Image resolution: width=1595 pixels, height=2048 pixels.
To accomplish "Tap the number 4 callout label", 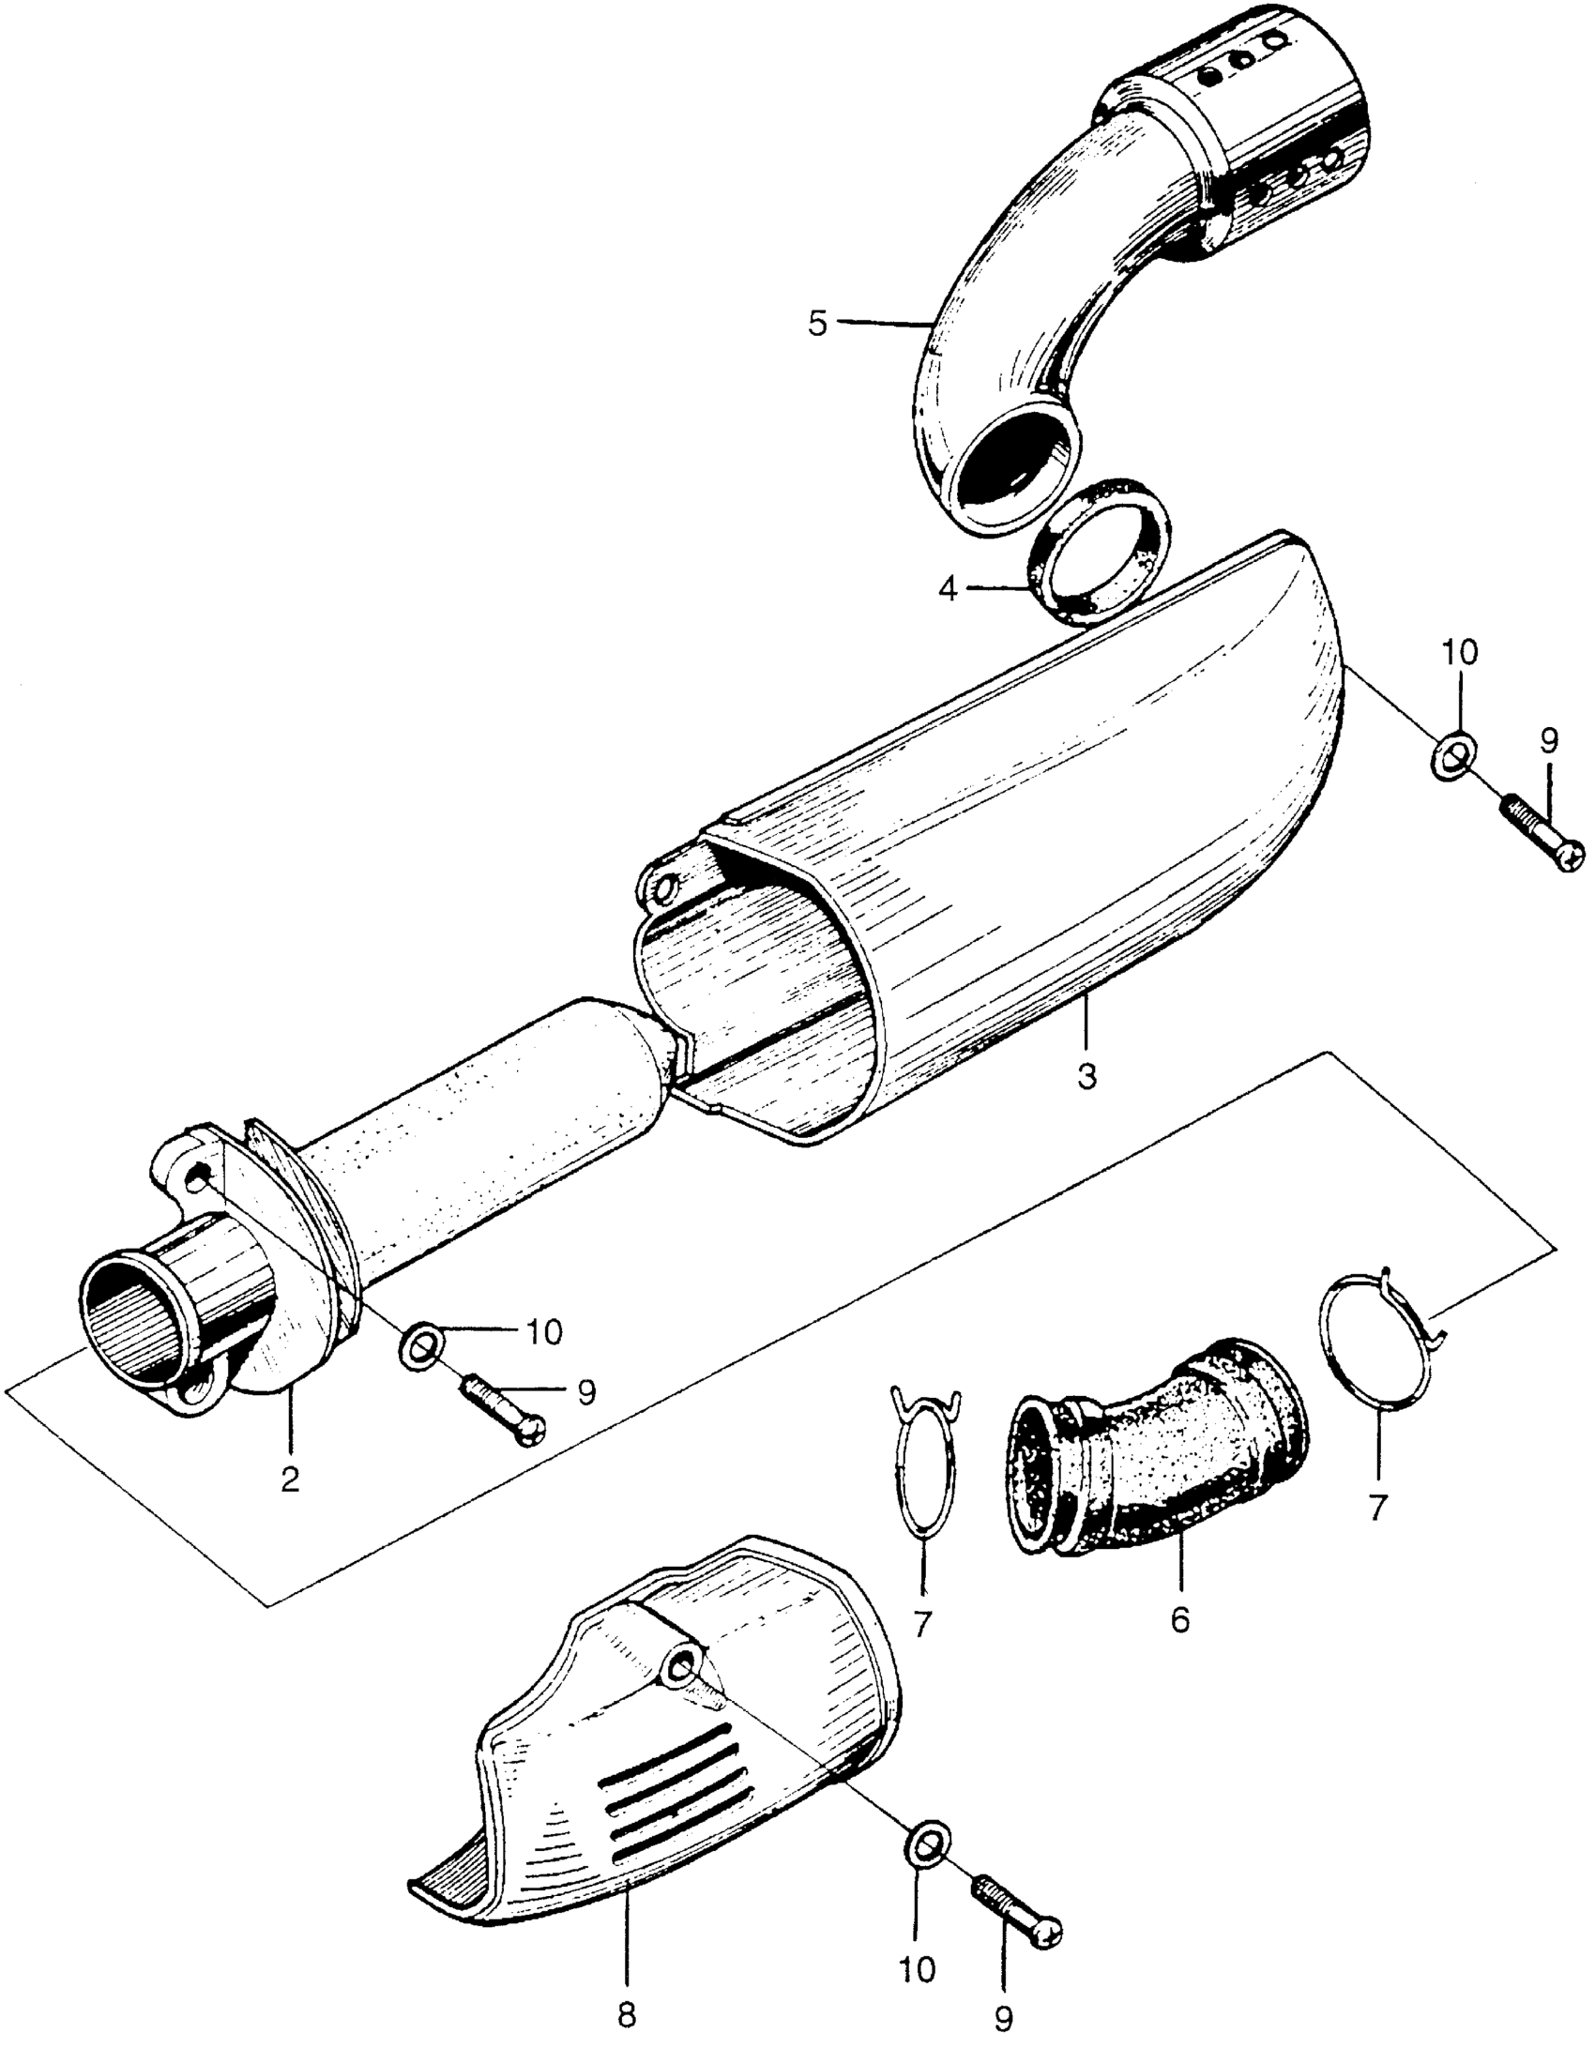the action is [949, 590].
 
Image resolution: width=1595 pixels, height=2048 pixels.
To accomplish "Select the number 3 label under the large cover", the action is [1086, 1078].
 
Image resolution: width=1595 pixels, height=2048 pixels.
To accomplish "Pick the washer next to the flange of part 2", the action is [419, 1347].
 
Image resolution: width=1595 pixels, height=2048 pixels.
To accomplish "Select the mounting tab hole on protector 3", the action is [665, 885].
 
